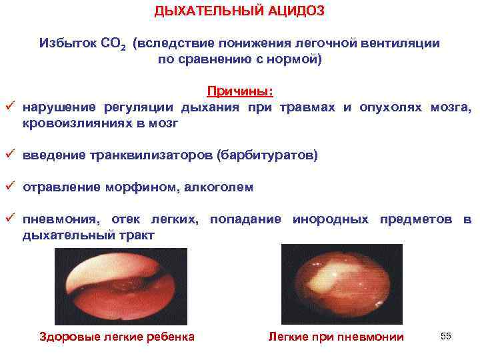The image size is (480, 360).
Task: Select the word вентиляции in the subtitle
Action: click(403, 43)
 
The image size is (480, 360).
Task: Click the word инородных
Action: click(330, 219)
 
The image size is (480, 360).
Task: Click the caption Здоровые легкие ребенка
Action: click(118, 337)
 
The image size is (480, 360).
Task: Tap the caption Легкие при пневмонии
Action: click(336, 337)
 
